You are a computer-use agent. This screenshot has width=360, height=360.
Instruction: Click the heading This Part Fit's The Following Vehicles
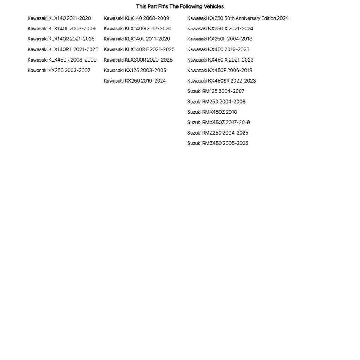[x=180, y=6]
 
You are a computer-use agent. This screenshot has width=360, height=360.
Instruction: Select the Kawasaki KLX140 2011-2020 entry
[x=59, y=18]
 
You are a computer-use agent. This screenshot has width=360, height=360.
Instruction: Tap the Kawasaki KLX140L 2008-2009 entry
[x=61, y=28]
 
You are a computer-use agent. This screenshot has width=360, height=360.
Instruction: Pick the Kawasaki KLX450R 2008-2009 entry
[x=62, y=60]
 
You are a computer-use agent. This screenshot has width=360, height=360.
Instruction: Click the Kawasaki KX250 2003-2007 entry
[x=59, y=70]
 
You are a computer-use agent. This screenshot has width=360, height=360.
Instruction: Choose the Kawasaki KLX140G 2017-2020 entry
[x=137, y=28]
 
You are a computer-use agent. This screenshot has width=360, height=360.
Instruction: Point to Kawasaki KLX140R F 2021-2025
[x=139, y=49]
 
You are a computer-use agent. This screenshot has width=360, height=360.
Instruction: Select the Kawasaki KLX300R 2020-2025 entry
[x=138, y=60]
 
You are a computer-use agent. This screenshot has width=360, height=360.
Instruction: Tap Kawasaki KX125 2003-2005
[x=135, y=70]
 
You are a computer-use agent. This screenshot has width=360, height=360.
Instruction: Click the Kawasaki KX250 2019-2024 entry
[x=135, y=81]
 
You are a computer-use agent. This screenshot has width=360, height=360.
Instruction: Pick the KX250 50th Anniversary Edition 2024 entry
[x=238, y=18]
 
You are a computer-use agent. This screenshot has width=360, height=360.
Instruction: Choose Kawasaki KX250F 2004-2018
[x=220, y=39]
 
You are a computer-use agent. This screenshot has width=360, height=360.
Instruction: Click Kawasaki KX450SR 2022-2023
[x=221, y=81]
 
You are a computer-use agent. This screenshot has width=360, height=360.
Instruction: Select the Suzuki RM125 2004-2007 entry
[x=216, y=91]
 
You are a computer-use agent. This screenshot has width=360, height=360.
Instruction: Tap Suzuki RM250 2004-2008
[x=216, y=102]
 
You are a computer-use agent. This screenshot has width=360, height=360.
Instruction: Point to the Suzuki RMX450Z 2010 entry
[x=212, y=112]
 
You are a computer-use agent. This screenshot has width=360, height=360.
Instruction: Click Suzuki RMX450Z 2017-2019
[x=218, y=122]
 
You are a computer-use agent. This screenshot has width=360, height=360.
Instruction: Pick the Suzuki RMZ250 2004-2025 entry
[x=217, y=133]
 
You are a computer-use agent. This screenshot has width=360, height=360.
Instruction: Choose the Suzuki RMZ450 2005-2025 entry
[x=217, y=143]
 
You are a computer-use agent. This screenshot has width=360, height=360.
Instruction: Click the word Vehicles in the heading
[x=213, y=6]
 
